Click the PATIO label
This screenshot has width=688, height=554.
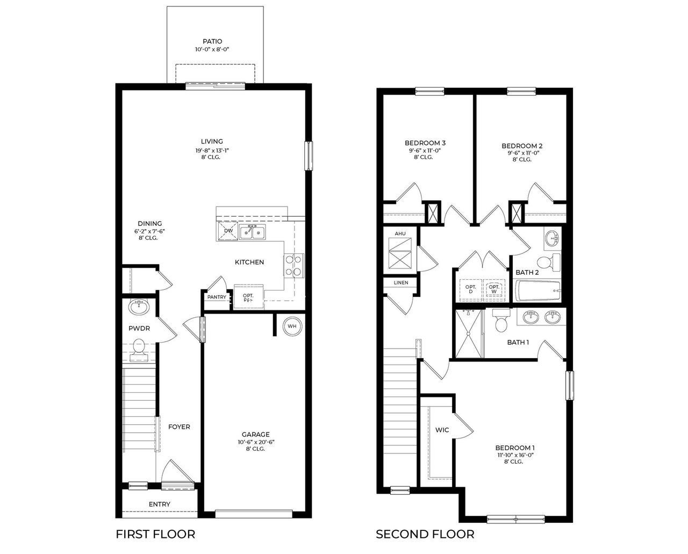pos(212,41)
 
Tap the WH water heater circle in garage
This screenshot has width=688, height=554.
pos(292,326)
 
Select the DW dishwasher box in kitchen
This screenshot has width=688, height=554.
pos(228,231)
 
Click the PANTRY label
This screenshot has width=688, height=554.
pos(217,297)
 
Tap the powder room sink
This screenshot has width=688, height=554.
pos(139,308)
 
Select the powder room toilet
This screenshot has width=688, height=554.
pos(139,347)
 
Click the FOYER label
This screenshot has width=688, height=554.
pos(179,427)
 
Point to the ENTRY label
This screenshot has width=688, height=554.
pos(160,504)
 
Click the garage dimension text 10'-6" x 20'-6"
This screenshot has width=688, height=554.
pos(255,442)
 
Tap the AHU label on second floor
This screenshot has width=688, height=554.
pos(400,234)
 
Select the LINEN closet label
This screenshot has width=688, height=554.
pos(400,282)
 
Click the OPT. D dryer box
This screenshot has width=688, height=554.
pos(470,289)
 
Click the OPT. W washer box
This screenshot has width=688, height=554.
pos(494,289)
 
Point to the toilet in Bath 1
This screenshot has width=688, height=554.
pos(501,322)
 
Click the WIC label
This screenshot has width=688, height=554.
pos(442,430)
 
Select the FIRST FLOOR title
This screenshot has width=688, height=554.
pos(155,534)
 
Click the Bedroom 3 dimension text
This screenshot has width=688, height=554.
pos(425,151)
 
